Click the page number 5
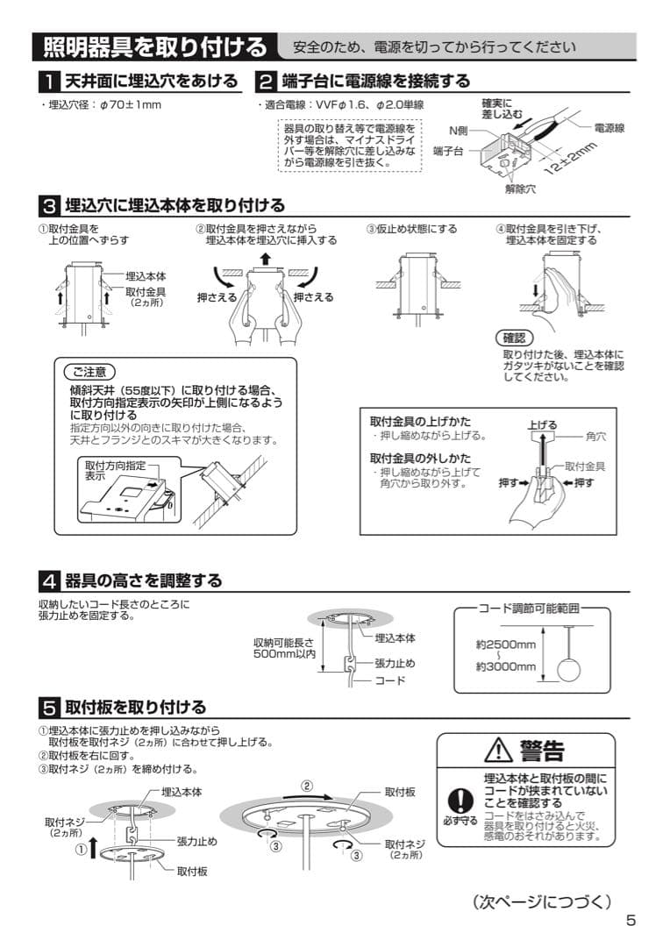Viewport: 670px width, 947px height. [631, 920]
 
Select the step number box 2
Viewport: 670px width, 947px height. [265, 82]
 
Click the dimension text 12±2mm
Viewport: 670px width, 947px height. [574, 157]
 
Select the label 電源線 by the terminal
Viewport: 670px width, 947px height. [609, 128]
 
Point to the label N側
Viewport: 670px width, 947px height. [459, 131]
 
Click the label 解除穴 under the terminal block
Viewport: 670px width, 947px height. [520, 188]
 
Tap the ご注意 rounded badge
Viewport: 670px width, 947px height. [89, 370]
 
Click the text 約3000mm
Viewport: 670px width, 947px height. [506, 666]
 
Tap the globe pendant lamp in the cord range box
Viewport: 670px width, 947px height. [569, 668]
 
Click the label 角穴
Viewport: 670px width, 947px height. [595, 434]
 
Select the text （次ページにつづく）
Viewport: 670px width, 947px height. [541, 901]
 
